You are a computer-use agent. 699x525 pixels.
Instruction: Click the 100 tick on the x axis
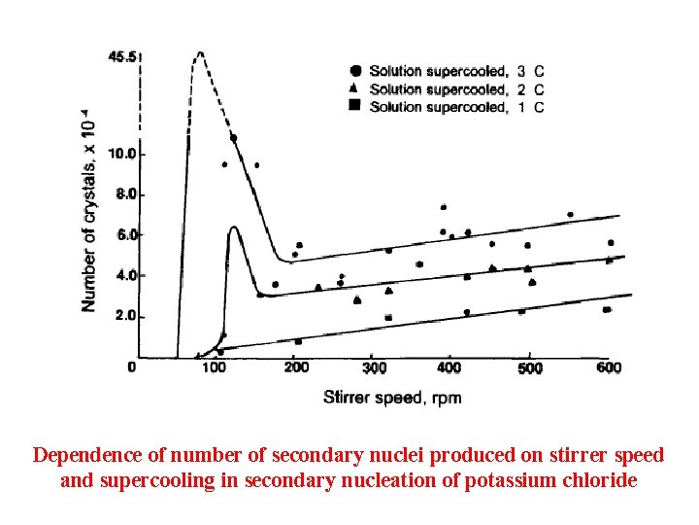214,367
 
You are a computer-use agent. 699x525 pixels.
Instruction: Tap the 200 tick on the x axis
297,367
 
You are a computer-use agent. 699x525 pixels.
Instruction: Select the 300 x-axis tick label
375,368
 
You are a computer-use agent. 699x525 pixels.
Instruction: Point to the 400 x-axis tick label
449,368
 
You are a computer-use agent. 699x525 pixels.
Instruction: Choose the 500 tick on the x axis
529,368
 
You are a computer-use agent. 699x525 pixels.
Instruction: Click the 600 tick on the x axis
609,367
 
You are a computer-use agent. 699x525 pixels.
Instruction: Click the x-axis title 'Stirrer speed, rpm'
392,398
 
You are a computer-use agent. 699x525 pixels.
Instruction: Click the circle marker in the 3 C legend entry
355,70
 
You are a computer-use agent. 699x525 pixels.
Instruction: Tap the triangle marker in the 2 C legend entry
355,88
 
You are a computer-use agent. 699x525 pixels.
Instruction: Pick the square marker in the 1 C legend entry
355,106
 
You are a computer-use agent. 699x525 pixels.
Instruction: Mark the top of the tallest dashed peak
199,52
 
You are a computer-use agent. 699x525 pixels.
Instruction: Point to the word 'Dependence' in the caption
83,455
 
